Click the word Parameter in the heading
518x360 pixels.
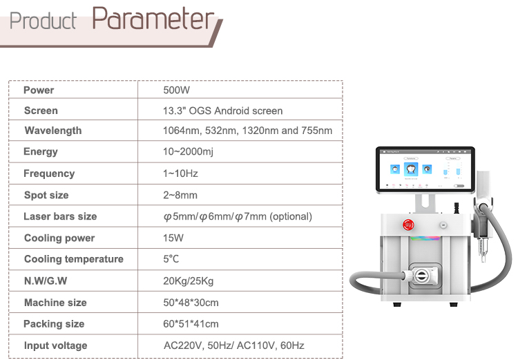[x=153, y=19]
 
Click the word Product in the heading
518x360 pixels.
[x=43, y=21]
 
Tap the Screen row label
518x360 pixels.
[x=41, y=111]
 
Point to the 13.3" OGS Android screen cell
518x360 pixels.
[x=222, y=111]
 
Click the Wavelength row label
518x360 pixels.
[x=52, y=131]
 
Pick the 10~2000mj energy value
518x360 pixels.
[x=189, y=151]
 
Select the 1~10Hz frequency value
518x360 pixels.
[x=180, y=173]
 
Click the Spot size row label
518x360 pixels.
[x=46, y=195]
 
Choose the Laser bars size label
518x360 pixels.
[x=60, y=216]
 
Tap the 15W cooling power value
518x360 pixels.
[x=173, y=238]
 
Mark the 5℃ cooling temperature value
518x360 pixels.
[x=171, y=259]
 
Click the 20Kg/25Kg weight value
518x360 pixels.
[x=188, y=281]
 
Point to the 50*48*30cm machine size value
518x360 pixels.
[x=191, y=303]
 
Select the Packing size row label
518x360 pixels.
[x=54, y=324]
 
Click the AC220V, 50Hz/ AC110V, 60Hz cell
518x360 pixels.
[x=233, y=345]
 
